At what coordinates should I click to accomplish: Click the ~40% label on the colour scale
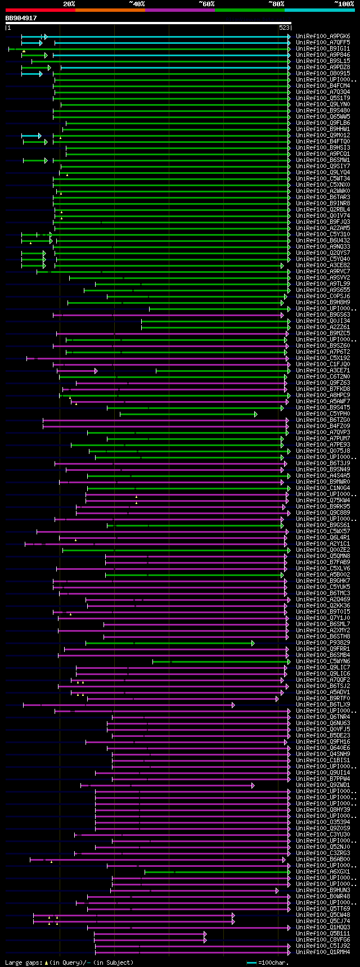(137, 4)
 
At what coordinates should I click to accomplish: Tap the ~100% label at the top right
(344, 4)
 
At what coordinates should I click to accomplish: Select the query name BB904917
(21, 18)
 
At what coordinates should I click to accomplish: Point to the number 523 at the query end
(284, 28)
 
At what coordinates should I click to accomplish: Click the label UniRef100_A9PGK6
(323, 37)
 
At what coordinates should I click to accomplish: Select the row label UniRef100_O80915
(323, 74)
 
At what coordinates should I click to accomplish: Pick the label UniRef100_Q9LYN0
(323, 105)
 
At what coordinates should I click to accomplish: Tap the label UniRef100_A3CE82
(323, 266)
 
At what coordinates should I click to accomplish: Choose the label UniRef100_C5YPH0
(323, 414)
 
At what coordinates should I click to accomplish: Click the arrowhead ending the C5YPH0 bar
(256, 414)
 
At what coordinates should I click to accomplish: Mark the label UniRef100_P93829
(323, 643)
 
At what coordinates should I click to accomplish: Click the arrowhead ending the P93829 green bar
(253, 643)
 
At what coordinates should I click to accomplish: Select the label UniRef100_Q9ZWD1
(323, 785)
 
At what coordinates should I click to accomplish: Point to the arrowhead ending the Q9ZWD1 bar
(253, 785)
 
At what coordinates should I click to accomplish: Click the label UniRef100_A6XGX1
(323, 872)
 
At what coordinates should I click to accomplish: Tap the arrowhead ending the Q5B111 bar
(205, 934)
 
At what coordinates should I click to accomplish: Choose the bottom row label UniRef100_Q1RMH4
(323, 952)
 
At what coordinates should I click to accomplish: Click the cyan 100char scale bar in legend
(251, 962)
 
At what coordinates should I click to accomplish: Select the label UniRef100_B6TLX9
(323, 705)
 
